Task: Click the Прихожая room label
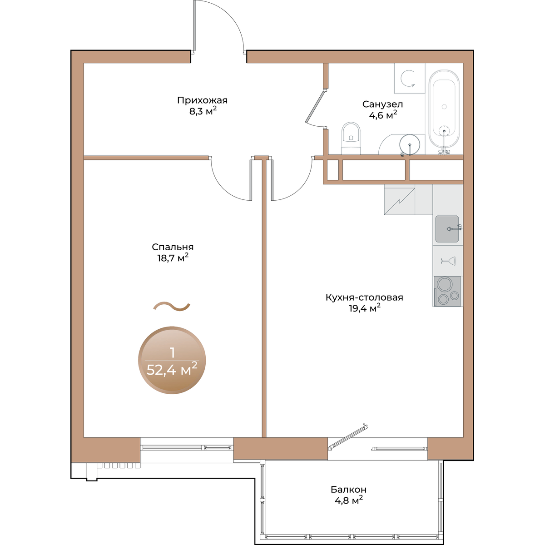tap(202, 100)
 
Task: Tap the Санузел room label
tap(382, 104)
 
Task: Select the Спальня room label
tap(173, 247)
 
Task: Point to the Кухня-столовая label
tap(364, 297)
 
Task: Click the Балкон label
tap(348, 489)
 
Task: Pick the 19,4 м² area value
tap(364, 308)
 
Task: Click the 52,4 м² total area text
tap(172, 369)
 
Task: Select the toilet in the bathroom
tap(351, 139)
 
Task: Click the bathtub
tap(444, 112)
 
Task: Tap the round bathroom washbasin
tap(410, 144)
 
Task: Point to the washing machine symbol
tap(410, 78)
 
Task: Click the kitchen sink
tap(447, 229)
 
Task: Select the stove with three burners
tap(447, 291)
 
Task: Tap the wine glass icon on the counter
tap(448, 261)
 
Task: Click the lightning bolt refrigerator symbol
tap(399, 200)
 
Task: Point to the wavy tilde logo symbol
tap(172, 306)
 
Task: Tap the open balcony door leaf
tap(348, 436)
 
